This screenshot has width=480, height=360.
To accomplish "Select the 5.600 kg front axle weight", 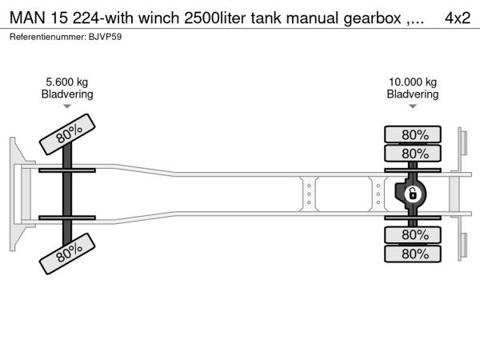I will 67,82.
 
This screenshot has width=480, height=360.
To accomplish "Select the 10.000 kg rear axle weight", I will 412,82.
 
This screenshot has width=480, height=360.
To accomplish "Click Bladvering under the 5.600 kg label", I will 67,94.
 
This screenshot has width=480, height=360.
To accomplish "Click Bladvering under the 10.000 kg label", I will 412,94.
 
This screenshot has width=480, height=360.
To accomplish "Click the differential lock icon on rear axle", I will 413,194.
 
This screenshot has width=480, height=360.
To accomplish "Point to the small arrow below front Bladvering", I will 67,106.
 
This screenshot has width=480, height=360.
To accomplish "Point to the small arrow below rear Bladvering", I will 412,106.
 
